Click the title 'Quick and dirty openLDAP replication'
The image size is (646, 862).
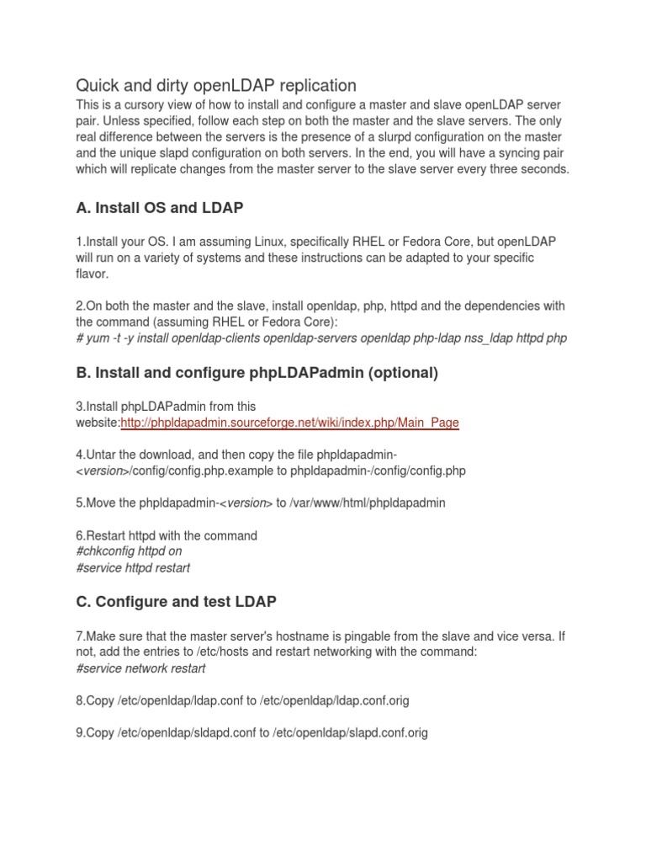pos(216,85)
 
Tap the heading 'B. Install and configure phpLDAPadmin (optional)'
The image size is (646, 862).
pos(257,373)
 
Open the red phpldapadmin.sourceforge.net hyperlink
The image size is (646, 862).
pos(289,423)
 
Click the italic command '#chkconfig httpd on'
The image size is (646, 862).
pos(129,551)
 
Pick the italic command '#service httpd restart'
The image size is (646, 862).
pos(133,568)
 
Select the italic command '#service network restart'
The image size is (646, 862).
pos(140,668)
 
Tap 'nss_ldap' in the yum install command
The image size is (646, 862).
pos(477,338)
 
